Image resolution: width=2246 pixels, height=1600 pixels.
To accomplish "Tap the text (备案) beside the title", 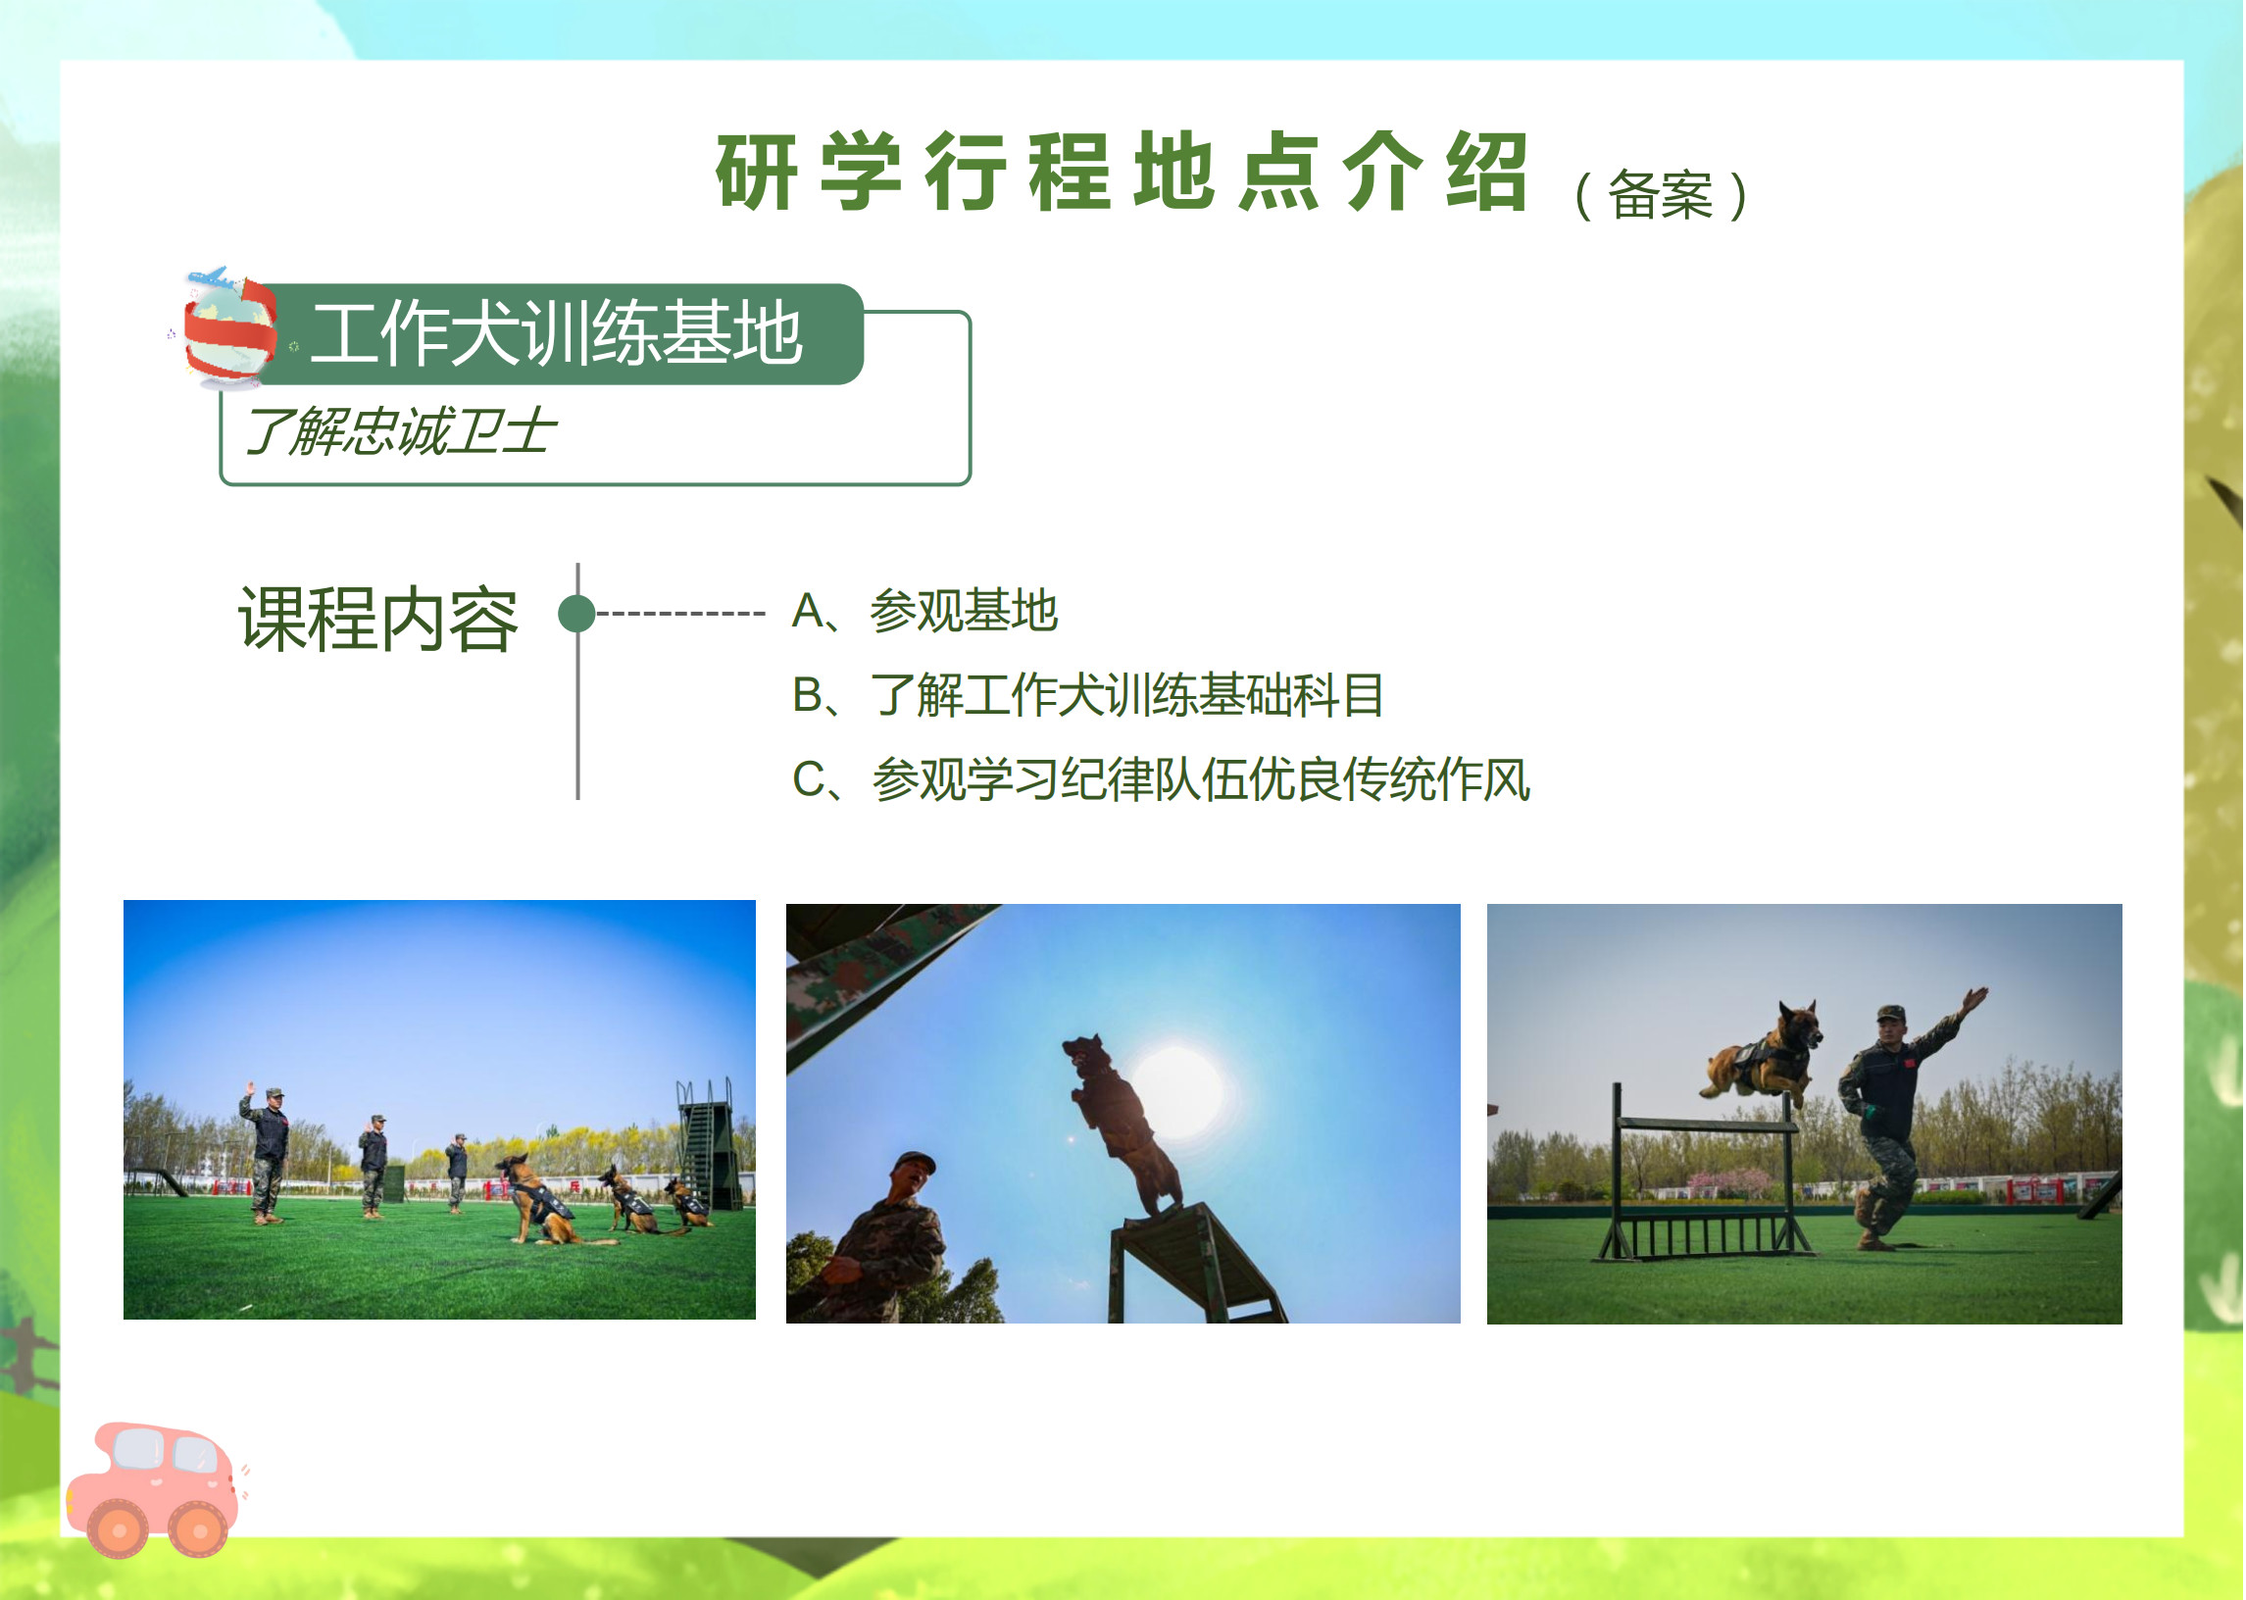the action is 1662,195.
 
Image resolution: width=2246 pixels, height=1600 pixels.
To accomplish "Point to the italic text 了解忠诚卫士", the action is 401,431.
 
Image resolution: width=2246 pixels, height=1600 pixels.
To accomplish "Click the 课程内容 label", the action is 378,620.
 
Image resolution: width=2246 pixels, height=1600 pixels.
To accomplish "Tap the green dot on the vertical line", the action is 577,614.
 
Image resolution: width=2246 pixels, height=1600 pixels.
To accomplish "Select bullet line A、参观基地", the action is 926,611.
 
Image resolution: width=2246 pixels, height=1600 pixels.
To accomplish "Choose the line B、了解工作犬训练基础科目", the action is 1088,694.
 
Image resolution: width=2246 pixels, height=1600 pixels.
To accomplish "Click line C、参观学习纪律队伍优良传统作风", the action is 1162,779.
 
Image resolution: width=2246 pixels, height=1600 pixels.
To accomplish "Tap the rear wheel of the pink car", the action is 118,1530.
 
